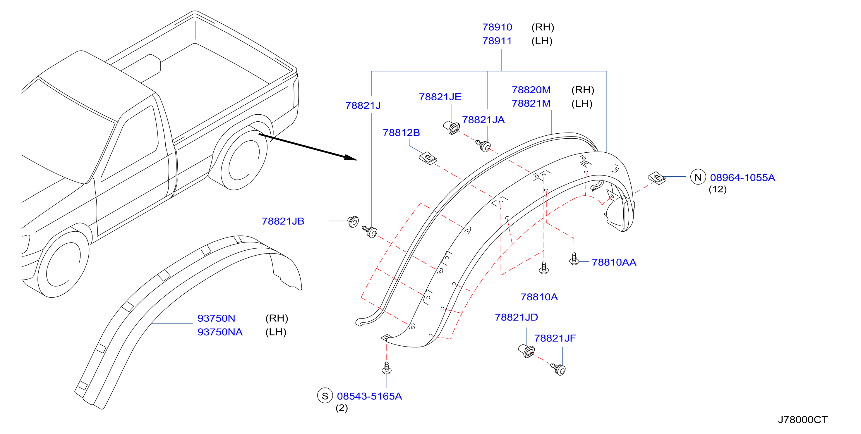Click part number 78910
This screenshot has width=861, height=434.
(497, 27)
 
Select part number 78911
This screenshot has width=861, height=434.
(497, 41)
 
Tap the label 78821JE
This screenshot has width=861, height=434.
(440, 97)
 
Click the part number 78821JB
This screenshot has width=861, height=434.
(283, 221)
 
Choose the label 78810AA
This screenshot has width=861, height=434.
(614, 262)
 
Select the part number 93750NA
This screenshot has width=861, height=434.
(220, 332)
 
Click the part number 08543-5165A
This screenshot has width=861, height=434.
(369, 396)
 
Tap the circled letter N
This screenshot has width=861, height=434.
(698, 178)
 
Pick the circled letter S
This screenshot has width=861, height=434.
(325, 396)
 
